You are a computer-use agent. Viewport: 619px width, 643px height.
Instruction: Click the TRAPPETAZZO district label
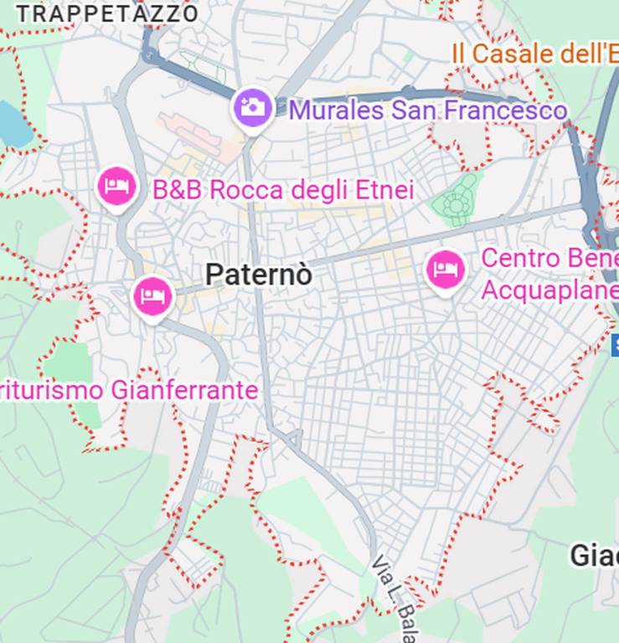pyautogui.click(x=107, y=13)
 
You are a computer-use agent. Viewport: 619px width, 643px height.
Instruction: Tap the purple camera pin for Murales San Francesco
pyautogui.click(x=252, y=108)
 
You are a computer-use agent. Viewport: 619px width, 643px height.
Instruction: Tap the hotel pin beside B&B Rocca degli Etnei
pyautogui.click(x=116, y=187)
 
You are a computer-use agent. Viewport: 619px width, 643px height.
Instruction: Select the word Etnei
pyautogui.click(x=388, y=190)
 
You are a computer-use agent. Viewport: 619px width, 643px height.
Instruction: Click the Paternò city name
pyautogui.click(x=259, y=274)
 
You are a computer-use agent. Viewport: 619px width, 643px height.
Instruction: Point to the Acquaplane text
pyautogui.click(x=549, y=291)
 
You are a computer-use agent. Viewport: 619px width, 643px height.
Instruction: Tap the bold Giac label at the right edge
pyautogui.click(x=595, y=555)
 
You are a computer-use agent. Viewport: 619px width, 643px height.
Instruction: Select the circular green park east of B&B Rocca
pyautogui.click(x=456, y=201)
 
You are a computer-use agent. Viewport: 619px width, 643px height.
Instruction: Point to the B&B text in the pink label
pyautogui.click(x=178, y=190)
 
